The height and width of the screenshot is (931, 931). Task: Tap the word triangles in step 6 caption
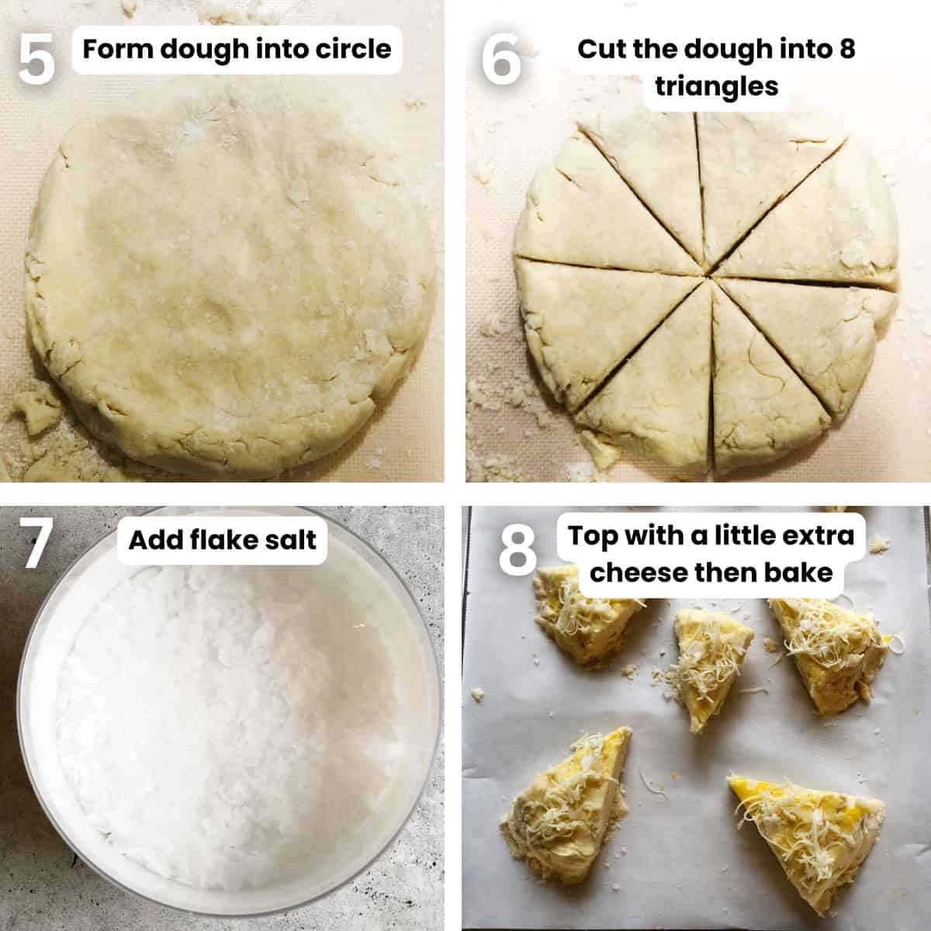(x=716, y=86)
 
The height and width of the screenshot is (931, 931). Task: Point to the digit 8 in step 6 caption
(x=847, y=50)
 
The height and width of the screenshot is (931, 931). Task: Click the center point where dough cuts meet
(x=708, y=273)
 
